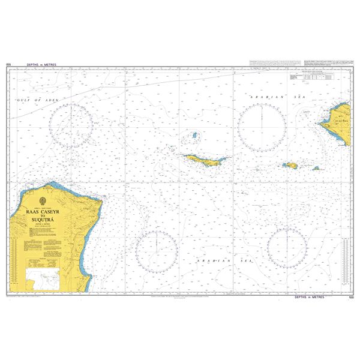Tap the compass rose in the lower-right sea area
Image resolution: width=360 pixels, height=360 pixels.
[x=287, y=248]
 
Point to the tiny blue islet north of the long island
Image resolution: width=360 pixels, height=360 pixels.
[x=194, y=136]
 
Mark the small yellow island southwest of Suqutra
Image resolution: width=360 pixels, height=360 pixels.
[x=290, y=165]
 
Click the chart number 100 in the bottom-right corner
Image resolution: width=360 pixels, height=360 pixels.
[x=350, y=298]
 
